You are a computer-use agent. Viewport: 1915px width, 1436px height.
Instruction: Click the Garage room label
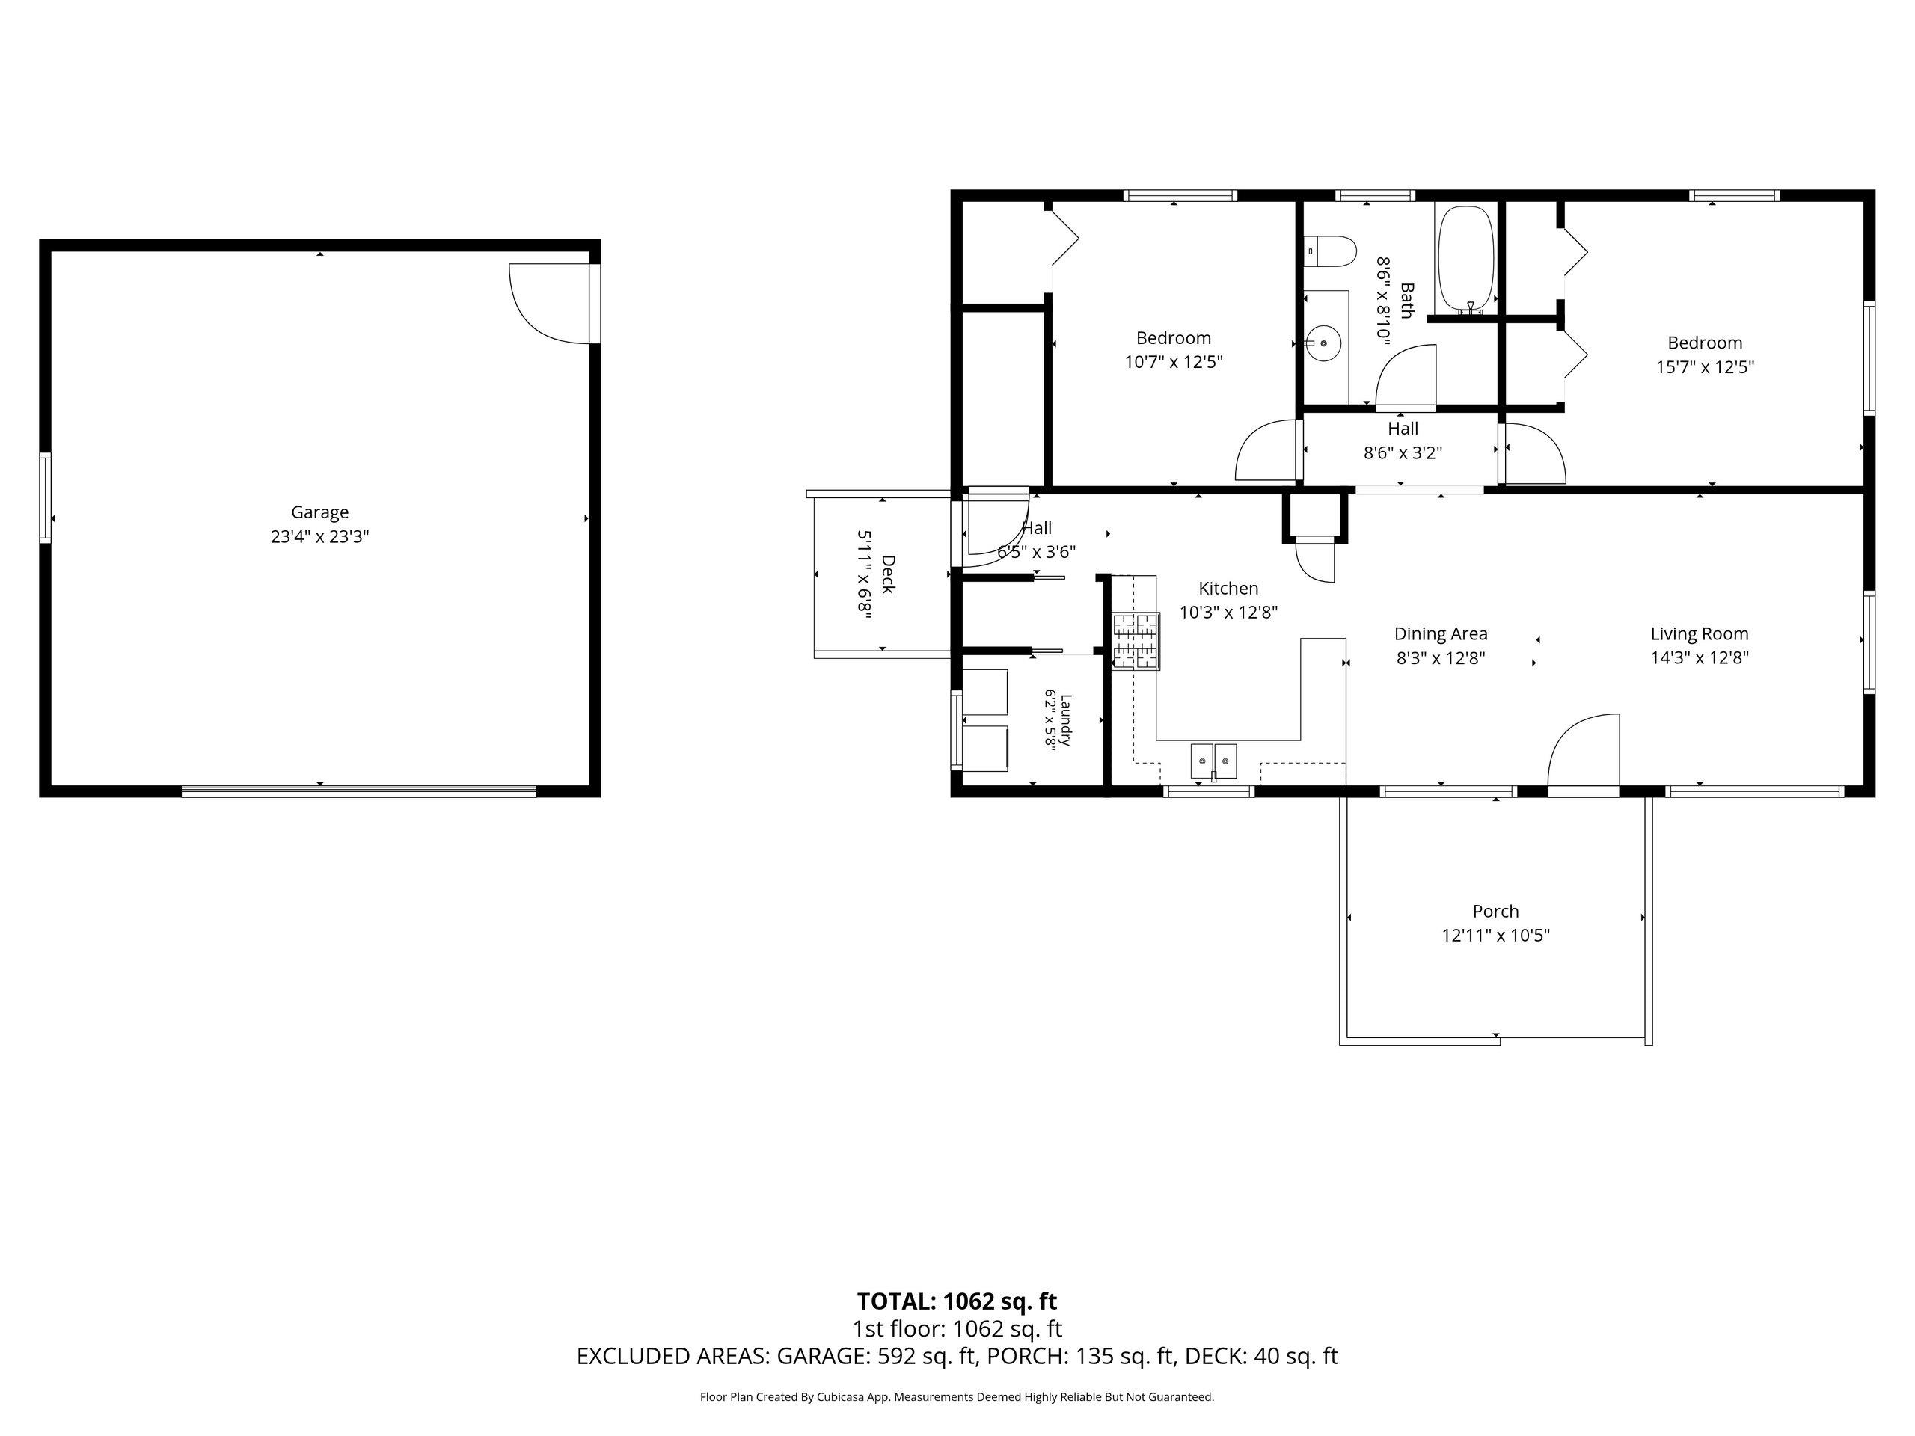319,512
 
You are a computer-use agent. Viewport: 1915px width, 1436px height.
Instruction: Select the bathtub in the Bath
1465,260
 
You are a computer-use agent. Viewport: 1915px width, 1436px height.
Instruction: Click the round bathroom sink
1322,343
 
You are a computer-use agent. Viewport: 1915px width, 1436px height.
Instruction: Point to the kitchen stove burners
1136,640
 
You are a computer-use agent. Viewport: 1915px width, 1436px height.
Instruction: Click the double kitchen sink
1214,761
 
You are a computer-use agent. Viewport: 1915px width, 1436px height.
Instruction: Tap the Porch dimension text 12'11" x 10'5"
1495,936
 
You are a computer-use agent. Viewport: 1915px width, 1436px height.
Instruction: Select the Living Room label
1700,633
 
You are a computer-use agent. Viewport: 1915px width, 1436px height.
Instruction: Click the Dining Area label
1441,633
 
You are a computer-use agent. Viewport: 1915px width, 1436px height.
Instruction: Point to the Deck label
887,574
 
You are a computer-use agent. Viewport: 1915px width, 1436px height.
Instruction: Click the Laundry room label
1066,719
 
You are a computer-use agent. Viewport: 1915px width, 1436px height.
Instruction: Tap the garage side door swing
551,304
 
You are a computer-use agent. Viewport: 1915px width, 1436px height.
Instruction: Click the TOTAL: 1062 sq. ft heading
957,1301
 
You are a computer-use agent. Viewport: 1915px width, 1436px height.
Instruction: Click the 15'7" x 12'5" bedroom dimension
1705,367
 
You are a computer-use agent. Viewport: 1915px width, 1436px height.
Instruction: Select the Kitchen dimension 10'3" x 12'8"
1228,612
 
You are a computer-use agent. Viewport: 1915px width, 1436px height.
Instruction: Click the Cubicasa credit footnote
957,1396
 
